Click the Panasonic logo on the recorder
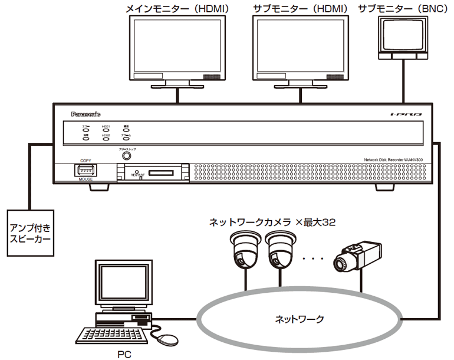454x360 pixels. click(85, 113)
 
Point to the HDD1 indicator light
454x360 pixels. click(106, 129)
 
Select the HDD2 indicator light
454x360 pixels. click(106, 139)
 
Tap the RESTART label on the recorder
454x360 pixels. click(137, 175)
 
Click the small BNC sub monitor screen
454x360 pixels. click(403, 37)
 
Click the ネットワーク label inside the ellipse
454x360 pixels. click(300, 319)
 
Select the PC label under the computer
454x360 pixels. click(124, 354)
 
